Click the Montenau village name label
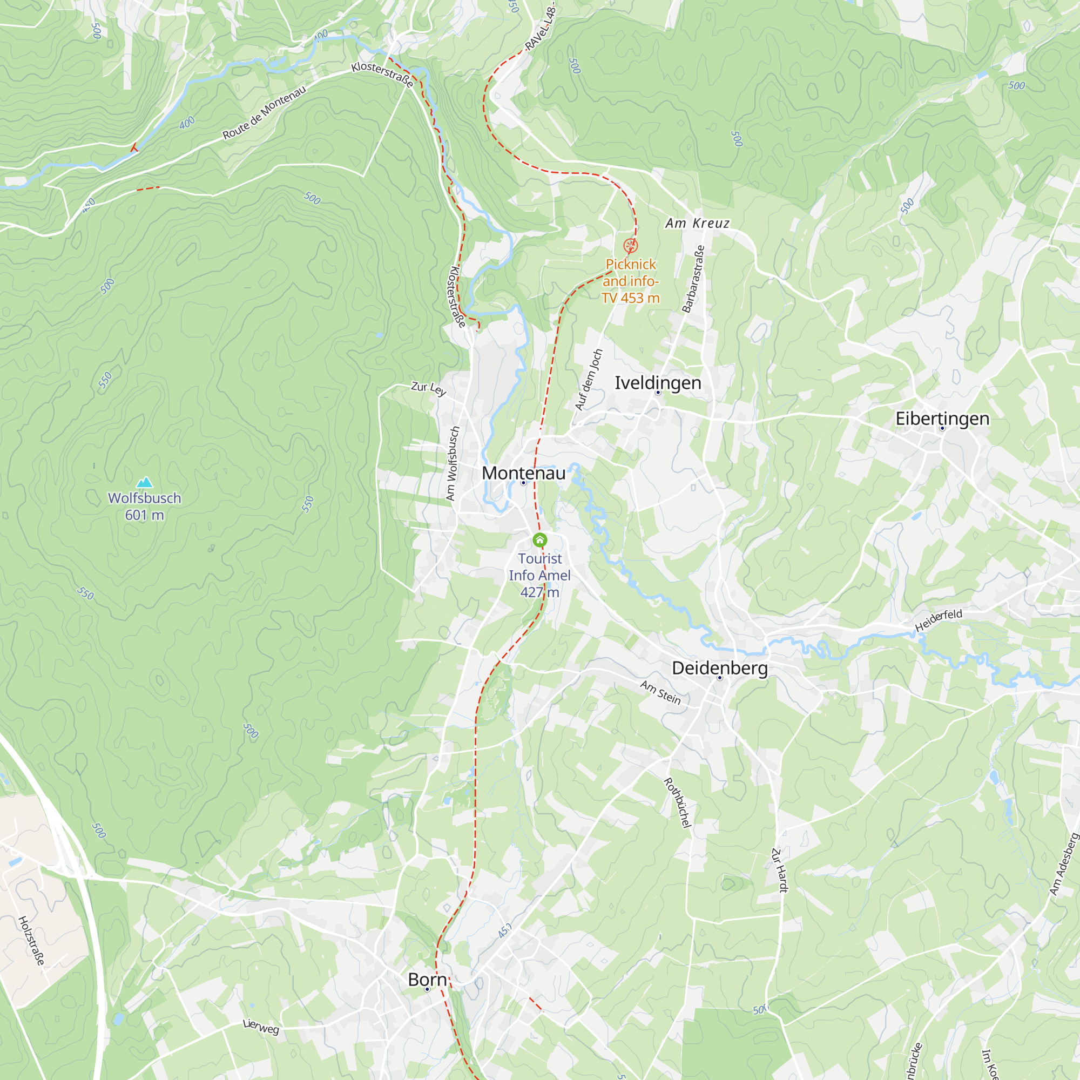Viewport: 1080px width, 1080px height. [x=523, y=473]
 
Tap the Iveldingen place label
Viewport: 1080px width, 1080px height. [x=658, y=382]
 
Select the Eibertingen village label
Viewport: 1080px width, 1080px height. [x=942, y=418]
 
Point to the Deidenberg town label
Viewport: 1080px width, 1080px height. [x=719, y=667]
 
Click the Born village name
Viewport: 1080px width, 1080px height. [x=427, y=980]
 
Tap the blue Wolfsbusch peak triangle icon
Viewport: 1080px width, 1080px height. [x=145, y=482]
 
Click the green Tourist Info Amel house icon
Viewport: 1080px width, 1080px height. [x=539, y=540]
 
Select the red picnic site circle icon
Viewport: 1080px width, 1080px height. [x=630, y=245]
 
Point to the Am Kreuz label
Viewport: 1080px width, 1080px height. [x=697, y=223]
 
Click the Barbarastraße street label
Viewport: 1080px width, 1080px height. [x=693, y=279]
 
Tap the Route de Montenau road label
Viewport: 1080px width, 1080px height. [x=265, y=112]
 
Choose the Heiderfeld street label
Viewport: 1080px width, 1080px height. [x=939, y=620]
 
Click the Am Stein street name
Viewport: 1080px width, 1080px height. [x=660, y=693]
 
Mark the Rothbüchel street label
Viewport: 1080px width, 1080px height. [x=678, y=802]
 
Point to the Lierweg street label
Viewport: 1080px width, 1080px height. [x=261, y=1027]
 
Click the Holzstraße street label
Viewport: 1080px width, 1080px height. [x=31, y=940]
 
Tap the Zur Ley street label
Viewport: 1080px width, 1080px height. [x=429, y=388]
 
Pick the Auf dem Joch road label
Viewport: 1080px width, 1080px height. [x=589, y=380]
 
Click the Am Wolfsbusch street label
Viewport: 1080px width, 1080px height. [x=453, y=463]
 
